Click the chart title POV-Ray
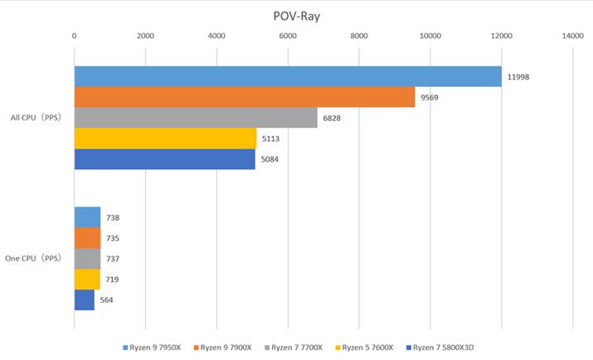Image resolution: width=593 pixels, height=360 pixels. pos(296,16)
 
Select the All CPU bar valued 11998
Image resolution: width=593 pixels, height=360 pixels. pos(288,76)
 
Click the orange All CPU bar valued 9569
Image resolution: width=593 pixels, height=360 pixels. pos(245,97)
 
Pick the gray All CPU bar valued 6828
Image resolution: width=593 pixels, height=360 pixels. pos(196,118)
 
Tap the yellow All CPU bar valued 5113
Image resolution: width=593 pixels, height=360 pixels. pos(165,139)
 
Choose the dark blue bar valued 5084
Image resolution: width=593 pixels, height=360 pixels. pos(164,159)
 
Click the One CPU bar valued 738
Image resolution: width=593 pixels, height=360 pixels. pos(87,217)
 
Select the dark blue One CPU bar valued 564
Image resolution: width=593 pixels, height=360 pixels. pos(85,299)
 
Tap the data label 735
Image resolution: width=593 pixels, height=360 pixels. pos(113,238)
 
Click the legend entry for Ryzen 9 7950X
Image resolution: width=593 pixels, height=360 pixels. pos(155,348)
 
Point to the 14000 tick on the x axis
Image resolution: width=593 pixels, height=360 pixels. pos(572,36)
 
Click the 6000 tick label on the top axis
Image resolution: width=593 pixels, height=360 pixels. pos(288,36)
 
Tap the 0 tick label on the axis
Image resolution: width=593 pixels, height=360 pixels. pos(75,36)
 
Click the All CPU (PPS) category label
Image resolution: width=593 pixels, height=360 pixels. pos(36,118)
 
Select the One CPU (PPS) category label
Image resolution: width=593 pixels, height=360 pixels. pos(33,259)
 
